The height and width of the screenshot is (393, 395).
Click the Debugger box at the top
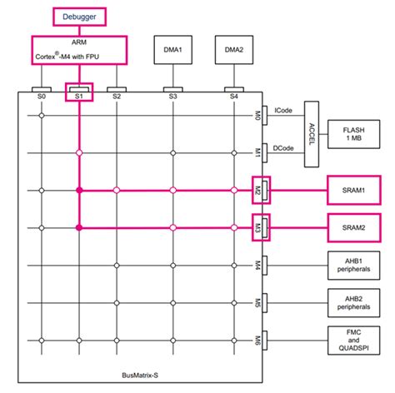click(x=78, y=16)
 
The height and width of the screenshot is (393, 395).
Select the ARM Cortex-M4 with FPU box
click(x=78, y=49)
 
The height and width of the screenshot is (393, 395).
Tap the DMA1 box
click(x=172, y=49)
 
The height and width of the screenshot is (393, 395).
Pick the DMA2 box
click(x=233, y=49)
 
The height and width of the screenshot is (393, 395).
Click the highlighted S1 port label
click(x=78, y=96)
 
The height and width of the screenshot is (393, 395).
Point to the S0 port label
click(x=41, y=97)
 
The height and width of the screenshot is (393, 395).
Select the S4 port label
click(x=233, y=97)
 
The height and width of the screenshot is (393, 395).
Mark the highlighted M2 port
click(x=260, y=190)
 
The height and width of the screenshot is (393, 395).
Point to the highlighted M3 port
click(x=260, y=226)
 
